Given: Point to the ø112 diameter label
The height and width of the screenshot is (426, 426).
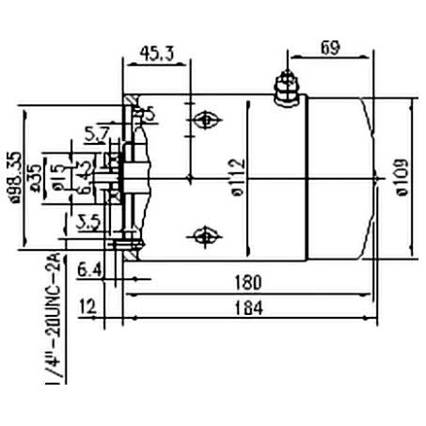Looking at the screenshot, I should (x=236, y=173).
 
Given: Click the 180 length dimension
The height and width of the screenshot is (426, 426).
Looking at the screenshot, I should (x=248, y=282).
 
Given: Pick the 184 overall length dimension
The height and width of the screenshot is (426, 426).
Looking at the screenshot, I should (x=248, y=308).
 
